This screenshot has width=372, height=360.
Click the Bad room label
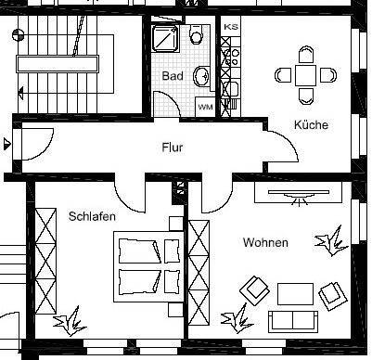(172, 75)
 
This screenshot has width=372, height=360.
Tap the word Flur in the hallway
(173, 147)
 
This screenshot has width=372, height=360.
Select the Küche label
(311, 124)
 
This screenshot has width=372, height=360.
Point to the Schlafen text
(91, 215)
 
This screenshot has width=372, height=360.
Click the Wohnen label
(265, 242)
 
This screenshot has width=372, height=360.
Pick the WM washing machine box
(205, 107)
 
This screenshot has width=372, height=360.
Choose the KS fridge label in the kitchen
(231, 28)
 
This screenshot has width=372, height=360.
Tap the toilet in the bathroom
(196, 36)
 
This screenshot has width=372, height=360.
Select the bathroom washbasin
(202, 77)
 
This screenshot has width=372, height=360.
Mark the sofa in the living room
(294, 321)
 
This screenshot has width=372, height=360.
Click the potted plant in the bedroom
(69, 324)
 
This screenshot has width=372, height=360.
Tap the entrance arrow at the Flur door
(7, 143)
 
